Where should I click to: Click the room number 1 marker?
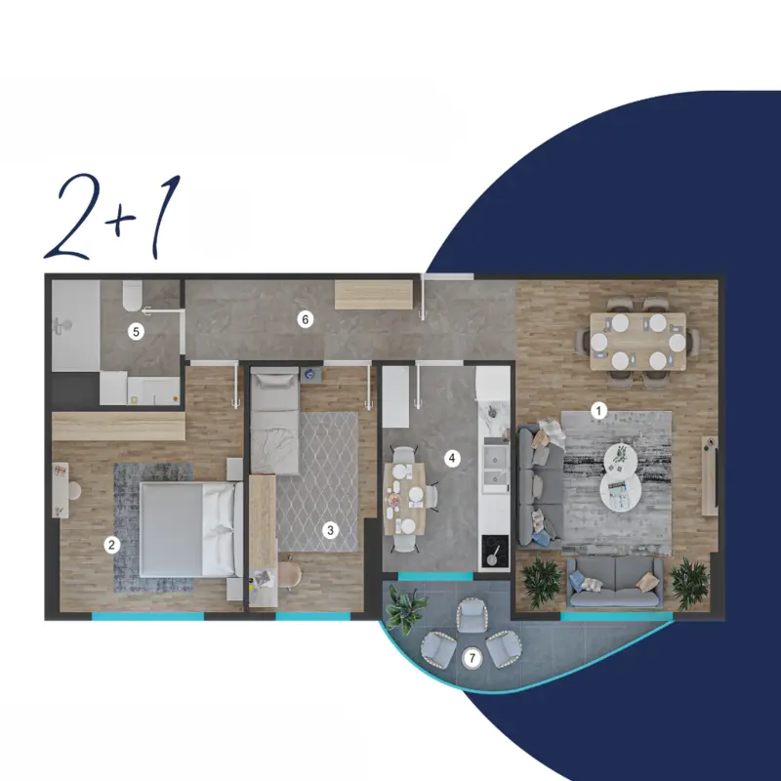[x=598, y=411]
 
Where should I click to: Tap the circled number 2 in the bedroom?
[x=111, y=545]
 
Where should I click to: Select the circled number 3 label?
[x=330, y=530]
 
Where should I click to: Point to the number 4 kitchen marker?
[x=452, y=458]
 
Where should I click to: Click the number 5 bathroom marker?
[x=136, y=331]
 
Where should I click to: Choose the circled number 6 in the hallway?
[x=306, y=319]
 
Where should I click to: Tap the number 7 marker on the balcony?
[x=473, y=658]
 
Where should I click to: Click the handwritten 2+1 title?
[x=112, y=217]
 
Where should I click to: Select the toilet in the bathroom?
[x=133, y=296]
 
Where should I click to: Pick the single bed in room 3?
[x=274, y=421]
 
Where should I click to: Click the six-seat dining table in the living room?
[x=638, y=342]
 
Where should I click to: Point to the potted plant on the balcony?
[x=406, y=608]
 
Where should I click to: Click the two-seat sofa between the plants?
[x=616, y=582]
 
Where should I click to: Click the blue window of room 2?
[x=147, y=616]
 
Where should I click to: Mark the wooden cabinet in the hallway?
[x=374, y=295]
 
